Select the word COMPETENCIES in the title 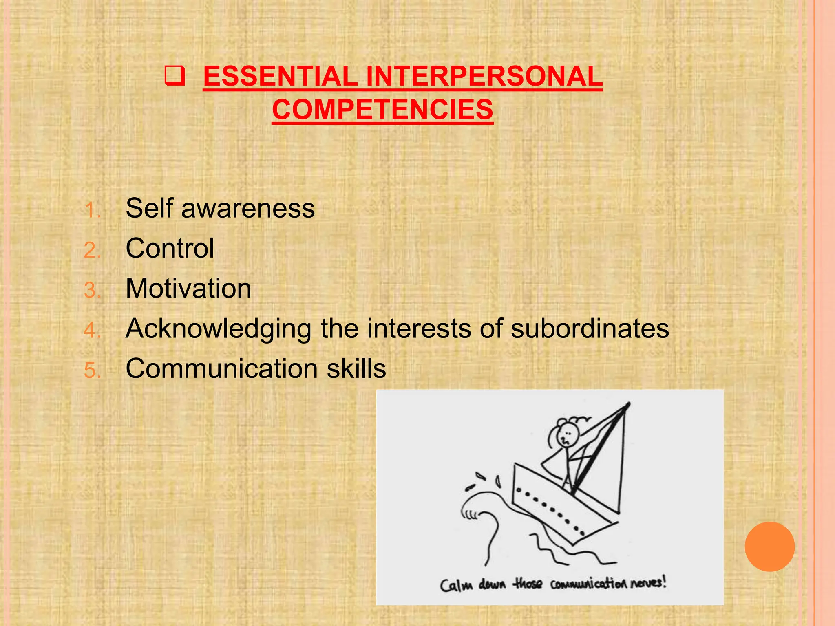pos(382,110)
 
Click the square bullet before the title pos(175,76)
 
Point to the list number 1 pos(91,211)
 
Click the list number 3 pos(91,291)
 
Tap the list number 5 pos(91,370)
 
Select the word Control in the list pos(170,248)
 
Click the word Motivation pos(188,288)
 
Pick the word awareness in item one pos(248,208)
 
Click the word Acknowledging pos(219,328)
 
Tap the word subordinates pos(590,328)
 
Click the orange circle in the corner pos(769,547)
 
